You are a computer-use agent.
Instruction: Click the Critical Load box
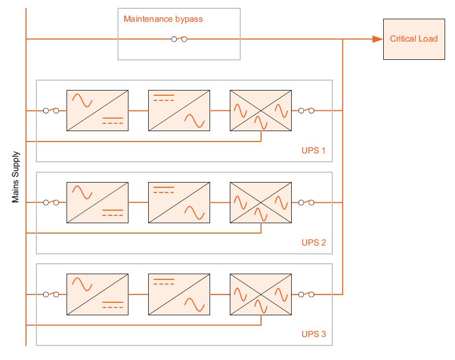pyautogui.click(x=414, y=39)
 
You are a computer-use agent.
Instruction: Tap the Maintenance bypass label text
pyautogui.click(x=163, y=19)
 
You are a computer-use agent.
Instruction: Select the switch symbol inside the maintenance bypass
pyautogui.click(x=179, y=39)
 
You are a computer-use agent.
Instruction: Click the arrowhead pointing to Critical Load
pyautogui.click(x=377, y=39)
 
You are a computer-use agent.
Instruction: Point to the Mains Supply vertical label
pyautogui.click(x=16, y=177)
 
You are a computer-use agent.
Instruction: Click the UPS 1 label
pyautogui.click(x=314, y=151)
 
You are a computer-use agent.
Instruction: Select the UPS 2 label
pyautogui.click(x=314, y=242)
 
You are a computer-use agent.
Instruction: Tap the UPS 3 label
pyautogui.click(x=314, y=334)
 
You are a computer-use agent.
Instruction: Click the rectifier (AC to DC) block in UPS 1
pyautogui.click(x=97, y=110)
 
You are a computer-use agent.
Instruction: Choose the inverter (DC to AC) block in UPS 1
pyautogui.click(x=179, y=110)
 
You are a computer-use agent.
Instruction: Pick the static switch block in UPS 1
pyautogui.click(x=261, y=110)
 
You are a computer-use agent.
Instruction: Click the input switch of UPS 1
pyautogui.click(x=51, y=110)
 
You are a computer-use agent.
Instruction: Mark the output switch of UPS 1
pyautogui.click(x=306, y=110)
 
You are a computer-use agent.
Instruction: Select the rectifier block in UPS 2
pyautogui.click(x=97, y=202)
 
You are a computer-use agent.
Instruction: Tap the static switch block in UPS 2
pyautogui.click(x=261, y=202)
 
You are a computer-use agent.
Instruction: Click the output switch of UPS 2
pyautogui.click(x=306, y=202)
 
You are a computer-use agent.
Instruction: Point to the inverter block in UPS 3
pyautogui.click(x=179, y=294)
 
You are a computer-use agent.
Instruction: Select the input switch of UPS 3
pyautogui.click(x=51, y=294)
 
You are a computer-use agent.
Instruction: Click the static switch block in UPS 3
pyautogui.click(x=261, y=294)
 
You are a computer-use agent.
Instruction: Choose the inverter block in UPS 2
pyautogui.click(x=179, y=202)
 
